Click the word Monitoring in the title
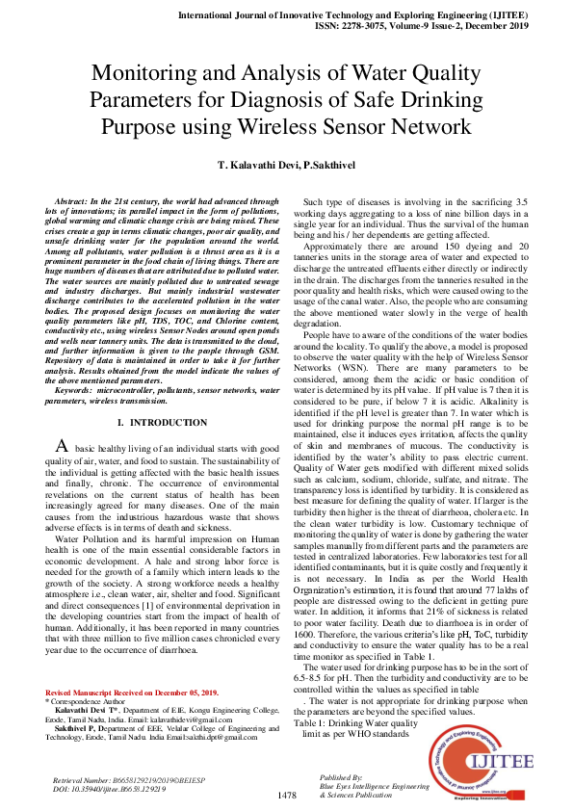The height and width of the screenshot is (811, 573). click(x=144, y=72)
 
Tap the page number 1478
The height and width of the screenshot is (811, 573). click(x=286, y=795)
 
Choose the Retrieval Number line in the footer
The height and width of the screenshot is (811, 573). click(x=128, y=778)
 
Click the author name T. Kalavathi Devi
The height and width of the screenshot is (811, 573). click(x=252, y=167)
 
